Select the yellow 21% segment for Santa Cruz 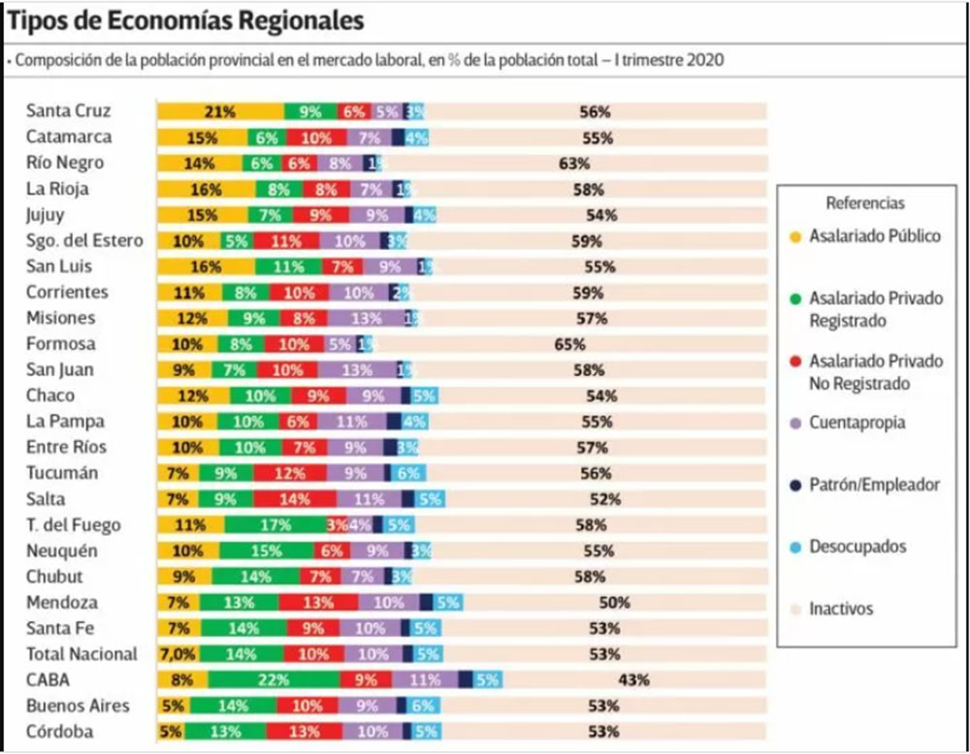click(220, 111)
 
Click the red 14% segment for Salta click(289, 499)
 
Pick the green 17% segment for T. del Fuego click(275, 525)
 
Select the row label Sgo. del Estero click(84, 240)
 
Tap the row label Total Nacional click(81, 654)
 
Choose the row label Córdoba click(59, 732)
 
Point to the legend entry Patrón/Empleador click(874, 485)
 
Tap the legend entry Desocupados click(857, 547)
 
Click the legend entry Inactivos click(841, 609)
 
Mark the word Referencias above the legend click(864, 204)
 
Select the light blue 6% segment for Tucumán click(407, 473)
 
